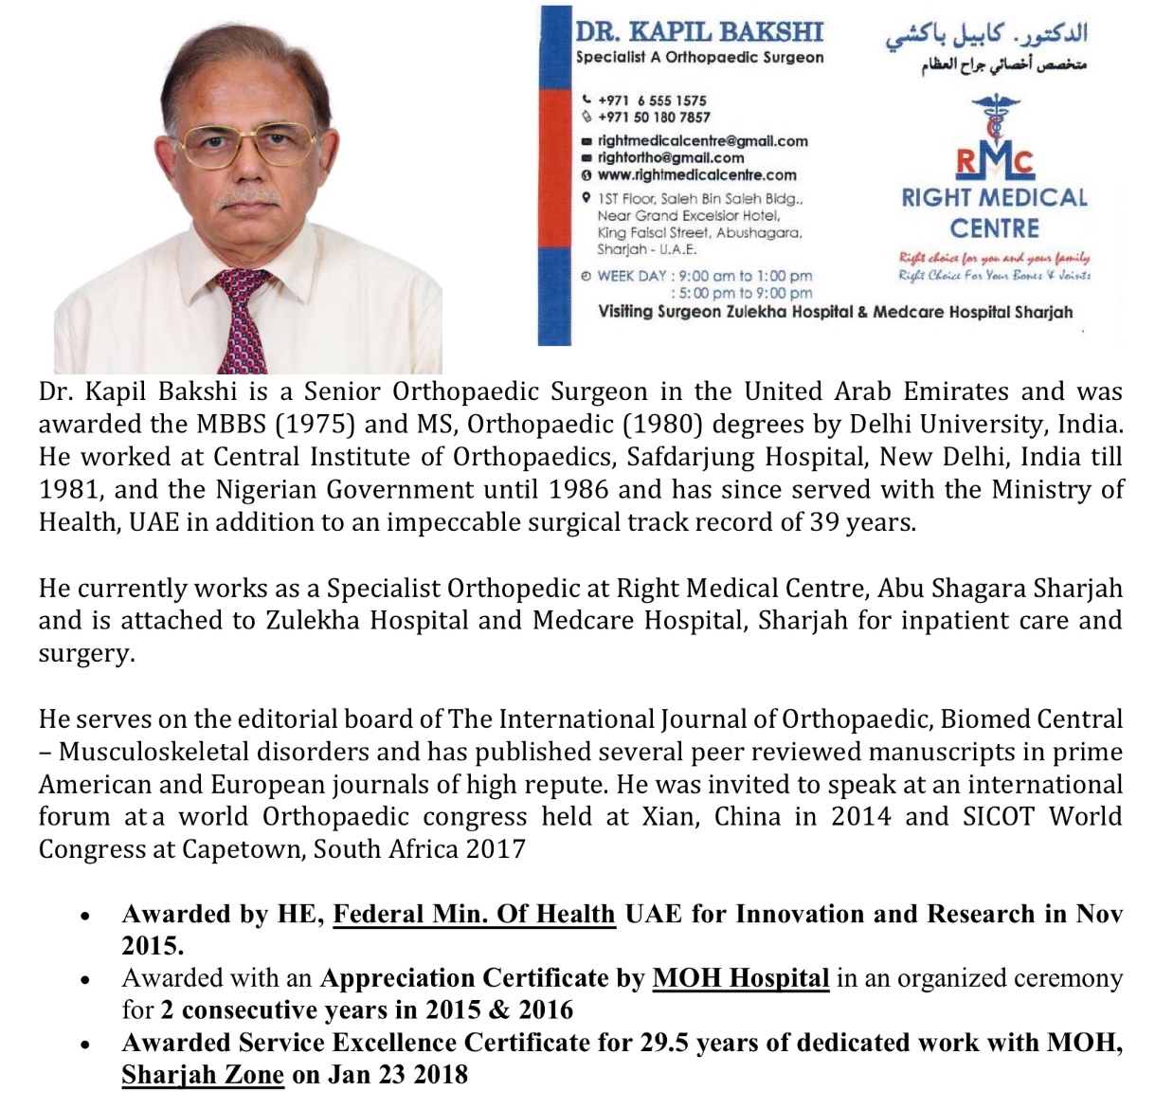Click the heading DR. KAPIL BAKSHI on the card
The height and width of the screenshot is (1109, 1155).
[699, 31]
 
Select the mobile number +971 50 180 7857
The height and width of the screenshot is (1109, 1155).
[654, 118]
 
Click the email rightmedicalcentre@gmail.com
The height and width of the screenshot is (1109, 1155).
[703, 140]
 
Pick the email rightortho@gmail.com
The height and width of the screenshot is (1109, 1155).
[671, 157]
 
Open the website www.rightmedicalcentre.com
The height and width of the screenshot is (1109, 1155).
[697, 174]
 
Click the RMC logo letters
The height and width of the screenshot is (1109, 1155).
[994, 162]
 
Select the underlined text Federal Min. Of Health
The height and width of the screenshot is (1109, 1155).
[474, 914]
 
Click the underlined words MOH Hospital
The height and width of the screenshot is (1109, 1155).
[741, 978]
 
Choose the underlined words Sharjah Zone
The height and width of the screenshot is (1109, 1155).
[203, 1074]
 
